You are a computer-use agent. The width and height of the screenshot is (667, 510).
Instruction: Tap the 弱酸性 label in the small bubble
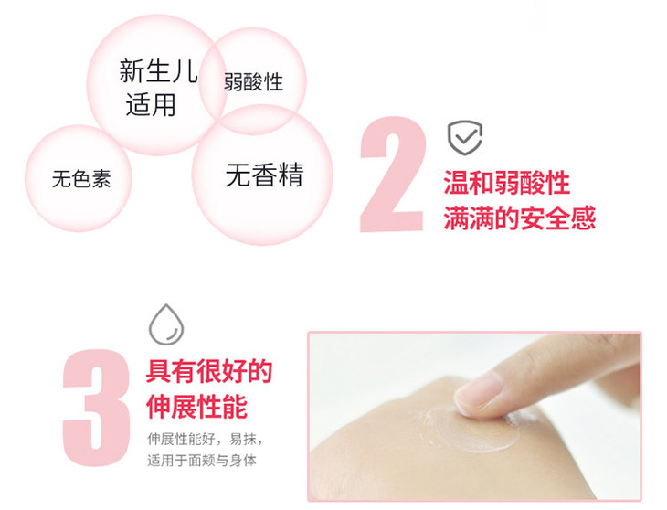coord(253,81)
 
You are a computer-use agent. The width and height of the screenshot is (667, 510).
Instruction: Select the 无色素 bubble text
coord(81,178)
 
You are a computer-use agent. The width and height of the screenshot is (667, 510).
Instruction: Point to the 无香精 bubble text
coord(265,175)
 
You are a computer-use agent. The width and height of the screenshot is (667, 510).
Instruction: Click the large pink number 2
coord(392,175)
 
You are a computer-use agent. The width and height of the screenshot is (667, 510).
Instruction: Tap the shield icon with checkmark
coord(465,138)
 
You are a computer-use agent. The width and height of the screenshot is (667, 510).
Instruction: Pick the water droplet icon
coord(166,324)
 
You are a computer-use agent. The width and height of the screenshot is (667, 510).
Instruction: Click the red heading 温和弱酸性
coord(506,183)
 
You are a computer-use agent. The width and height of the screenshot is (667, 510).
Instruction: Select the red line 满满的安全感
coord(519,218)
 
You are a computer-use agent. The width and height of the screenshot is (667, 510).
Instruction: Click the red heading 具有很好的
coord(209,371)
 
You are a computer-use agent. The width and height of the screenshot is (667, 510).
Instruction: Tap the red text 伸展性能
coord(196,407)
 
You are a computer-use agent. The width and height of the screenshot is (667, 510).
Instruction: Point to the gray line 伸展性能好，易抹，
coord(205,439)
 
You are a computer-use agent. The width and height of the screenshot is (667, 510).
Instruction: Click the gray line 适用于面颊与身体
coord(202,461)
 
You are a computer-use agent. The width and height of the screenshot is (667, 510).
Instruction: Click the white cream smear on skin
coord(470,428)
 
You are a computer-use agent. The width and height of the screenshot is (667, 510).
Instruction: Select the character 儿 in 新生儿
coord(185,71)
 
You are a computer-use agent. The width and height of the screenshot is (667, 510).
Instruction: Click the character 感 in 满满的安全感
coord(583,218)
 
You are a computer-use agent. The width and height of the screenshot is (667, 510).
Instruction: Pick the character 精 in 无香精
coord(291,175)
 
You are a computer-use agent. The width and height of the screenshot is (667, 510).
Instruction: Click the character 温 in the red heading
coord(456,183)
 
